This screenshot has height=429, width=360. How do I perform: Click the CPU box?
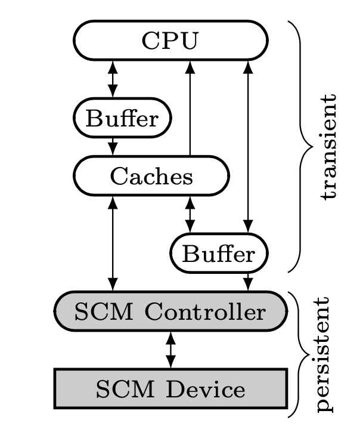tap(170, 41)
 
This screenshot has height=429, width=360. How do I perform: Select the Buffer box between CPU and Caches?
tap(122, 118)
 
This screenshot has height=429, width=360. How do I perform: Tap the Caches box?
tap(151, 176)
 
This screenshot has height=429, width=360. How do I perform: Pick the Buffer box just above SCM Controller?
tap(219, 254)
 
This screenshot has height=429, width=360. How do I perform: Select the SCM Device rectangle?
tap(170, 389)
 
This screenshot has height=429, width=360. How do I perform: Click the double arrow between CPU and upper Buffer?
tap(112, 79)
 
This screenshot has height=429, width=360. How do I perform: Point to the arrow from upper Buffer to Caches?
tap(112, 147)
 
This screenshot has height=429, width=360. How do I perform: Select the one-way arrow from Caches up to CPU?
tap(190, 107)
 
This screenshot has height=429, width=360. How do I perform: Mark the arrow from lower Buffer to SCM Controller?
tap(248, 282)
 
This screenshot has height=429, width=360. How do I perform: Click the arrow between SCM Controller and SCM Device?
tap(170, 351)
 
